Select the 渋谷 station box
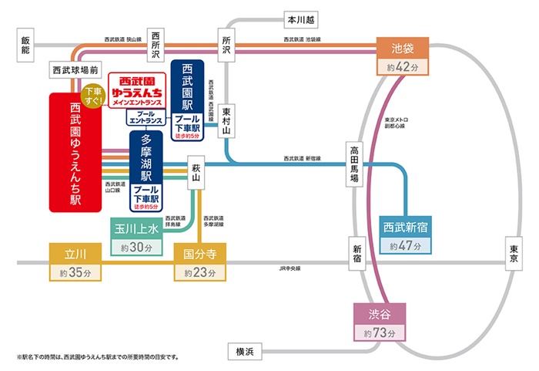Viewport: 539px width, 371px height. tap(380, 315)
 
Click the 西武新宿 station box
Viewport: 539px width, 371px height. tap(406, 228)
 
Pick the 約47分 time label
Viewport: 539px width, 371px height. tap(406, 247)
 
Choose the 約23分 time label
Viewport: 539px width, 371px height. tap(199, 272)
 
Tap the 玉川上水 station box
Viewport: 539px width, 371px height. tap(136, 229)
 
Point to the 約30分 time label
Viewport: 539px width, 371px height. tap(136, 248)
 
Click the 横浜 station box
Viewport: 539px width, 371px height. tap(246, 352)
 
